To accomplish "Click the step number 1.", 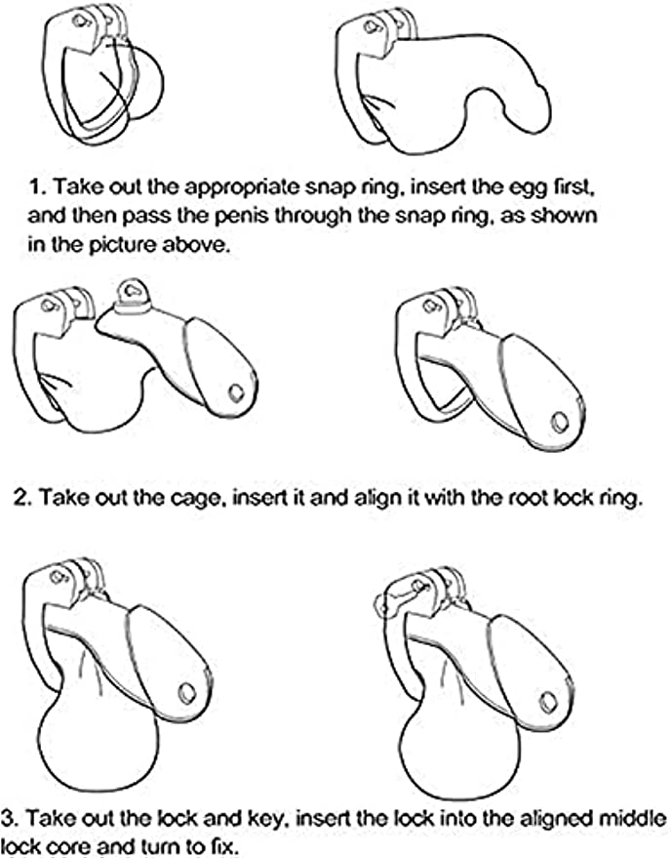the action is pos(36,187).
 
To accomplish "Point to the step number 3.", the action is pos(10,819).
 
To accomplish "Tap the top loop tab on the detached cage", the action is pos(132,291).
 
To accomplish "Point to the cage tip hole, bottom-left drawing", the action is pos(186,694).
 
